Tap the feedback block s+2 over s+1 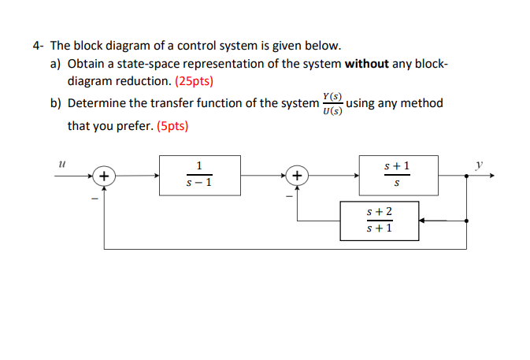tap(379, 221)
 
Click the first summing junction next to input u tap(104, 175)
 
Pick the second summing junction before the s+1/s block tap(297, 175)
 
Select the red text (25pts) tap(190, 80)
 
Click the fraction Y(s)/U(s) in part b tap(331, 103)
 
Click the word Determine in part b tap(96, 103)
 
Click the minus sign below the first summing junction tap(93, 198)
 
